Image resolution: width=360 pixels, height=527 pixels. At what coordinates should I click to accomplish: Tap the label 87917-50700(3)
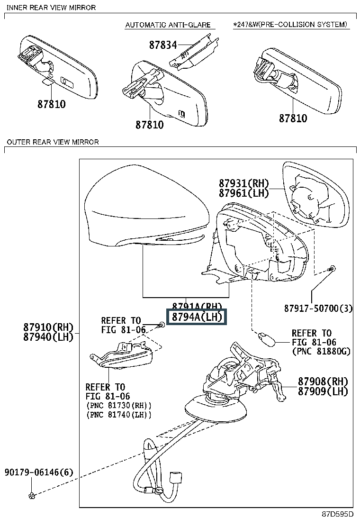(318, 309)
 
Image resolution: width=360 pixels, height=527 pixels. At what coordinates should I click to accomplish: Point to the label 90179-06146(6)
(39, 472)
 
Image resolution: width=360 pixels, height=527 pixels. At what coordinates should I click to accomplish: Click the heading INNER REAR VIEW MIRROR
(51, 8)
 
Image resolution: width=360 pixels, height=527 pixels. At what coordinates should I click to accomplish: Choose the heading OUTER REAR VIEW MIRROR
(52, 142)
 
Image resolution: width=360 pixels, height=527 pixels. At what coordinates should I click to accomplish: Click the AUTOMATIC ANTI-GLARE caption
(167, 25)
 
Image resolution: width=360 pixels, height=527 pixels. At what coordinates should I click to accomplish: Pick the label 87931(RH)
(243, 183)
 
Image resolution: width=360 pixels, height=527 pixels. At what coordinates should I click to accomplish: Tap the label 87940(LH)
(48, 337)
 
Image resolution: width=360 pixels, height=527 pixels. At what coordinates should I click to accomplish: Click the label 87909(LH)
(323, 391)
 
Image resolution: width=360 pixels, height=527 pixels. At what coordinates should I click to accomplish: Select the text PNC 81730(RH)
(119, 406)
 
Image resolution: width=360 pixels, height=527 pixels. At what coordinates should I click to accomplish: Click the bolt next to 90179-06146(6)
(32, 496)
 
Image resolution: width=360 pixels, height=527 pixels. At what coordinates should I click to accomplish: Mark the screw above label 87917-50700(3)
(332, 269)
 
